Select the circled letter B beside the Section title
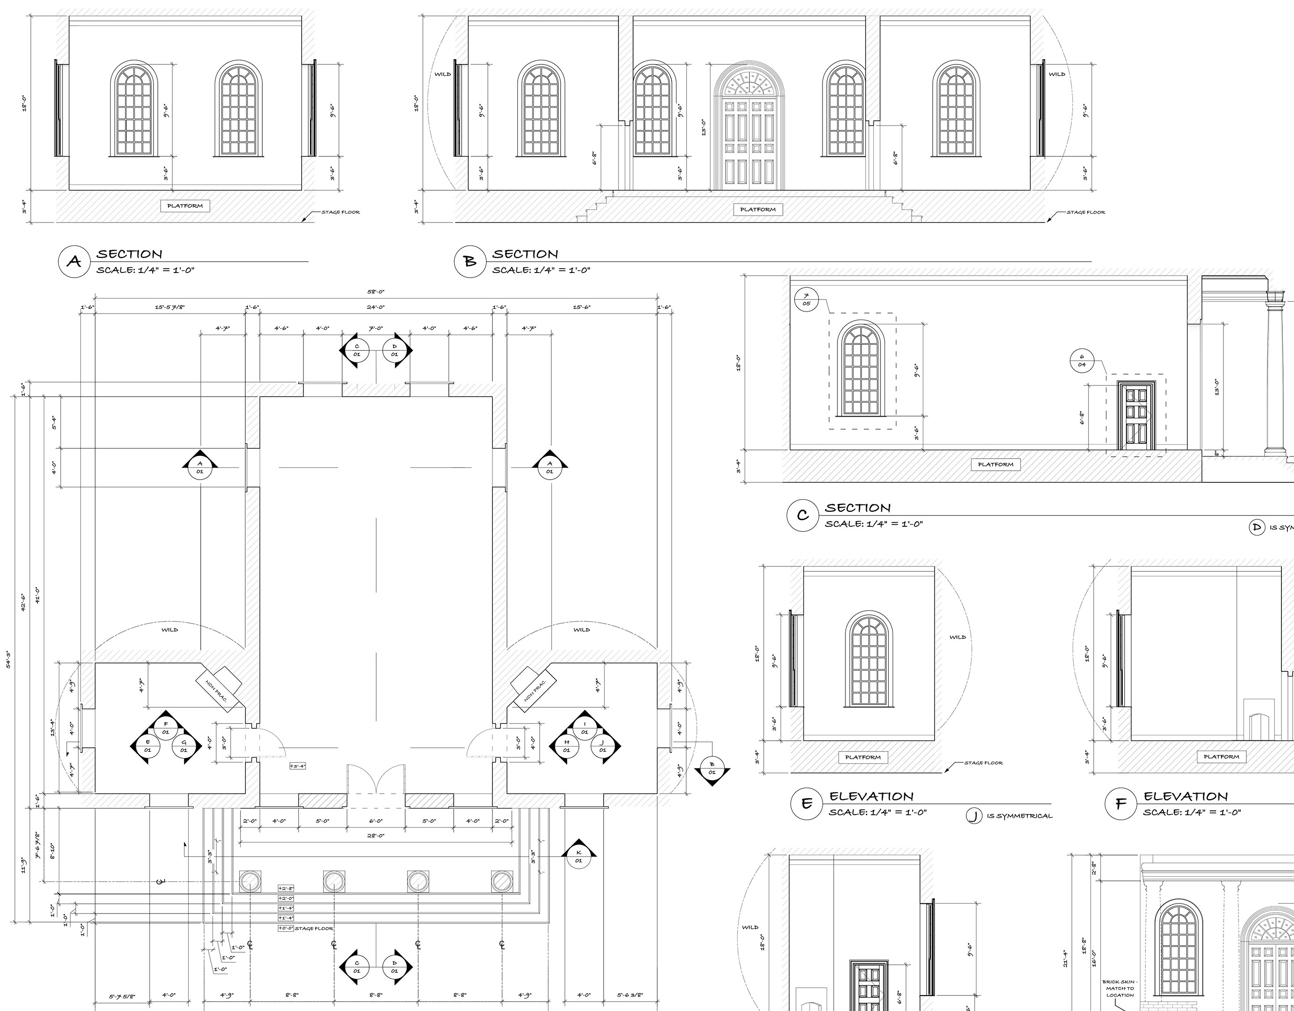[x=470, y=262]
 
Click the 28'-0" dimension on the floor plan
[x=375, y=836]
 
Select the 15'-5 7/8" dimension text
[x=170, y=307]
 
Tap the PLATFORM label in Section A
[x=185, y=206]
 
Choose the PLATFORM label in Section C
[x=995, y=464]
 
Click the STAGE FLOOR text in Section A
[x=340, y=212]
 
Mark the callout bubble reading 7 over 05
[x=806, y=300]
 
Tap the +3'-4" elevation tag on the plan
[x=297, y=766]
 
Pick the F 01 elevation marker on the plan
[x=166, y=728]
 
